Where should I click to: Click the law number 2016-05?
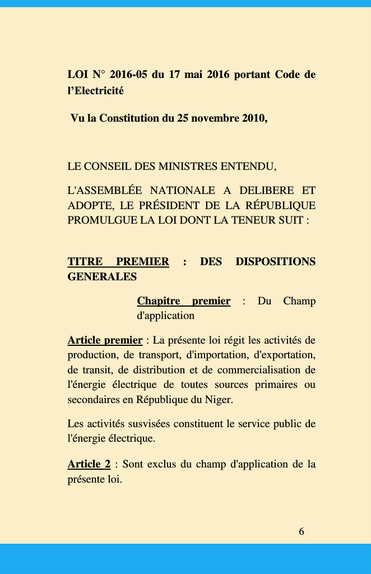click(x=128, y=75)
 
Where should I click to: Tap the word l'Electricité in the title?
click(x=96, y=90)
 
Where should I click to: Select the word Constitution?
click(x=129, y=118)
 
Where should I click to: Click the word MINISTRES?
click(x=189, y=166)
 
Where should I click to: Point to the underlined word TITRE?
click(x=85, y=262)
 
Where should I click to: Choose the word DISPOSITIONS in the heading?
click(x=275, y=262)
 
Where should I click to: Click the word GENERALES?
click(x=102, y=277)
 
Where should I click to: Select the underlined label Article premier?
click(x=105, y=340)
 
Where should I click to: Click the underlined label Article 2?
click(x=89, y=464)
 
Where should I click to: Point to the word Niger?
click(x=219, y=400)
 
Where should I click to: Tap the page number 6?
click(x=302, y=531)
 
